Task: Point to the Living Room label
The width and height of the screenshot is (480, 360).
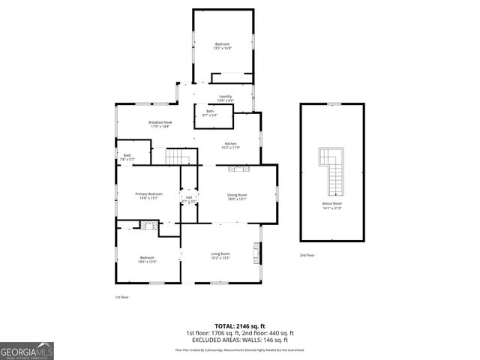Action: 219,255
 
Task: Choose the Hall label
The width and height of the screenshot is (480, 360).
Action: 189,199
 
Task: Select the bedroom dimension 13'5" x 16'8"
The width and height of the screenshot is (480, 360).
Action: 223,48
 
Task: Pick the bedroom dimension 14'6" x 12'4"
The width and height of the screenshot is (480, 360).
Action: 147,262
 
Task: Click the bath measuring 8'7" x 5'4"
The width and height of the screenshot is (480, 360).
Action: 210,115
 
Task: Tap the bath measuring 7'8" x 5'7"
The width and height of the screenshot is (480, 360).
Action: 127,159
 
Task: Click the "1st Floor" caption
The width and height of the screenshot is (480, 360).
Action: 121,297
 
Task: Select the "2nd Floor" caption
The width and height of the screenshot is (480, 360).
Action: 306,255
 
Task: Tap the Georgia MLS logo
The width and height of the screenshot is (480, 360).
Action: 27,350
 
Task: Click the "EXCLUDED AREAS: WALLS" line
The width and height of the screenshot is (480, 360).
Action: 239,339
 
